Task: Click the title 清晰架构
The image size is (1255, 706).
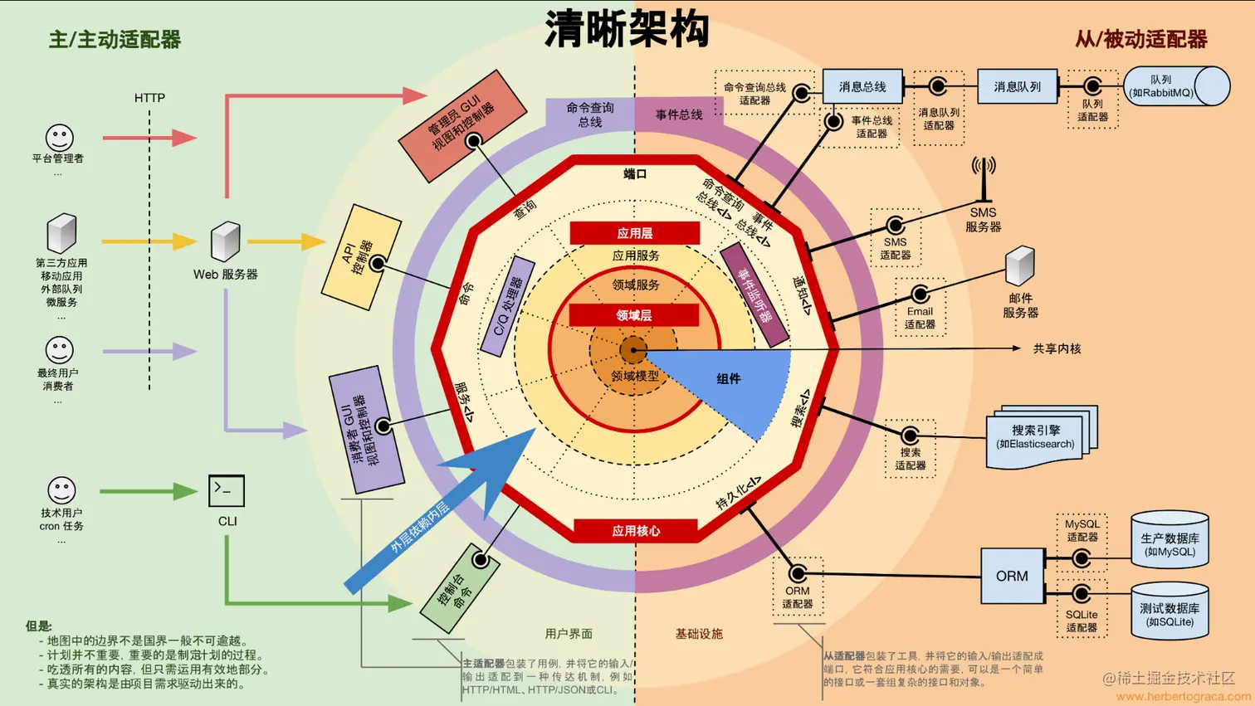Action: [x=627, y=29]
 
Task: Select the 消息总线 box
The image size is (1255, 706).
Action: [x=862, y=86]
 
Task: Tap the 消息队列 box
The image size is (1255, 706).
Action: [x=1017, y=86]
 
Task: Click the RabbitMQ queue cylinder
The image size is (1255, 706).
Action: [x=1176, y=86]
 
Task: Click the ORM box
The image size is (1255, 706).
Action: [x=1012, y=576]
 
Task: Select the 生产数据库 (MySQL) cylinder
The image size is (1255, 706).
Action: [x=1170, y=541]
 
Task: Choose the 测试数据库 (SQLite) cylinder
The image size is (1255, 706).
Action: [x=1170, y=611]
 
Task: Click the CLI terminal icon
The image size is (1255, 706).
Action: [x=227, y=490]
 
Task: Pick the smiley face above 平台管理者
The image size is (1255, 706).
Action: [x=59, y=137]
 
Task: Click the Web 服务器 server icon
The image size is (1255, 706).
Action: [x=225, y=241]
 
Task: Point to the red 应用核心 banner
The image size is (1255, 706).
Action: [x=636, y=530]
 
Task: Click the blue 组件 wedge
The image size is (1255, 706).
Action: [x=730, y=382]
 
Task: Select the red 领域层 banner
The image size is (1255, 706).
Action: [x=634, y=315]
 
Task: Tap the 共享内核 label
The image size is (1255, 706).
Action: [x=1057, y=348]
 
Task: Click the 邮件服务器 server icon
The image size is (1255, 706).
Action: [x=1020, y=266]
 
